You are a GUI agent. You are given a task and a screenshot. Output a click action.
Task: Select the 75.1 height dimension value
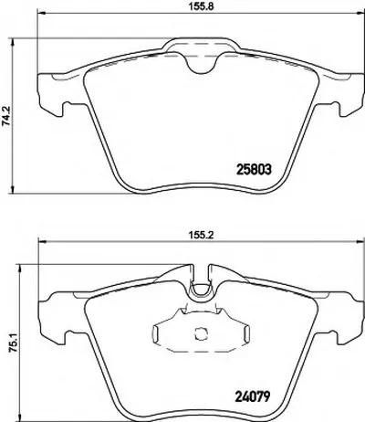(x=12, y=343)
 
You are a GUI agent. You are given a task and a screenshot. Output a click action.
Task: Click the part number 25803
(x=254, y=170)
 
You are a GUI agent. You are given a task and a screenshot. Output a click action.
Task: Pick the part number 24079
(x=254, y=396)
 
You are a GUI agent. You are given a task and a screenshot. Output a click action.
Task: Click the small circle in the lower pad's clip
(x=200, y=333)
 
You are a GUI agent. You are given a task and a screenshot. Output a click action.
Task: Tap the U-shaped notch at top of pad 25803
(x=201, y=64)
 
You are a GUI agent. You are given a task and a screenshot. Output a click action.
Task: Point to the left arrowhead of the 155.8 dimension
(x=41, y=13)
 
